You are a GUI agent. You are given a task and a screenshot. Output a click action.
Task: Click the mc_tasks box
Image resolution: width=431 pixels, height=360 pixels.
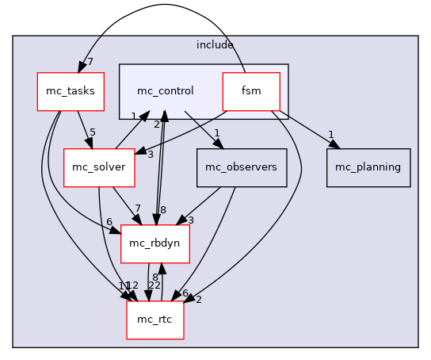point(71,91)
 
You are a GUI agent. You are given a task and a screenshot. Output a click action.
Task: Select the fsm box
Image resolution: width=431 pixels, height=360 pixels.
point(251,91)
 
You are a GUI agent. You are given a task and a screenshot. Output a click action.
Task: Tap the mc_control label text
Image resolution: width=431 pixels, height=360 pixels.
point(165,91)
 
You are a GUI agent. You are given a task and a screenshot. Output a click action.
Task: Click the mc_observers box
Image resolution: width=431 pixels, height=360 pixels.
point(241,167)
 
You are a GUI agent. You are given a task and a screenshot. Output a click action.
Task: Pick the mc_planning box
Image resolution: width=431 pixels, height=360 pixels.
point(368,167)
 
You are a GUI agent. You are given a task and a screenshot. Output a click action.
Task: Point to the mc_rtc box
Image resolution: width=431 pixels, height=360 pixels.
point(155,320)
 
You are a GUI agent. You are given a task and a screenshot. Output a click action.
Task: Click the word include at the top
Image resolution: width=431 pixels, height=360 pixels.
point(215,45)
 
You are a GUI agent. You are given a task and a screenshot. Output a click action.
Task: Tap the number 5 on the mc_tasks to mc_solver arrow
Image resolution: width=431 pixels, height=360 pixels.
point(92,132)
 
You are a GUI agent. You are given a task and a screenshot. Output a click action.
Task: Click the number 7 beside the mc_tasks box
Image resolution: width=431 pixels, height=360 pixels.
point(90,62)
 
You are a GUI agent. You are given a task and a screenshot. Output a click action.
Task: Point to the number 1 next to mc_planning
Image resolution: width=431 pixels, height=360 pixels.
point(330,134)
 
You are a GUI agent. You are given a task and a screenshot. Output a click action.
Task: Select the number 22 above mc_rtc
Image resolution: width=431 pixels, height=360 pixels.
point(155,285)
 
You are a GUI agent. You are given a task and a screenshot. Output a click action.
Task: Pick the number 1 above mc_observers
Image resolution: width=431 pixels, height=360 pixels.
point(215,132)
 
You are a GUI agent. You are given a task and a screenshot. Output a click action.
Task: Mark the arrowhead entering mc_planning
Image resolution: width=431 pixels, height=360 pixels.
point(334,144)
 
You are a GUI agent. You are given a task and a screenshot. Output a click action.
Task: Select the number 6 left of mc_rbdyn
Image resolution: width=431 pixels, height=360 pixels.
point(109,221)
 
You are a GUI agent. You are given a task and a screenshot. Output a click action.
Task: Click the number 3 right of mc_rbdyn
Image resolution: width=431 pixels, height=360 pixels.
point(190,219)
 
